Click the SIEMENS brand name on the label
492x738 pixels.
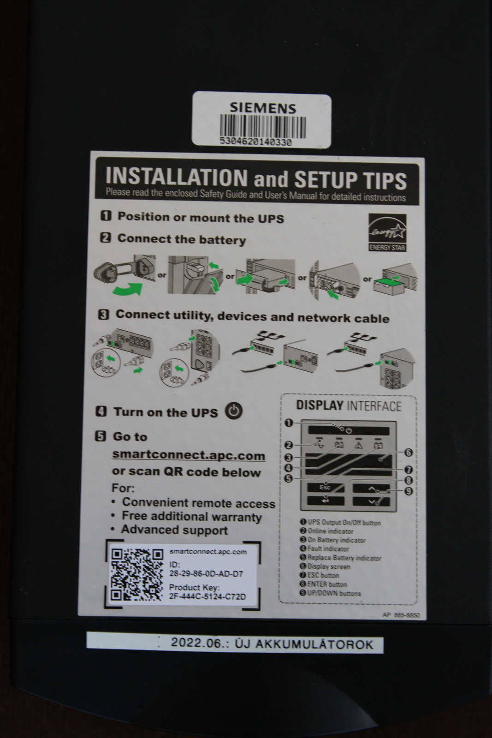(x=263, y=108)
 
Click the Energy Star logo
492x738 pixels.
(x=387, y=233)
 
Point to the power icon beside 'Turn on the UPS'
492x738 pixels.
(x=234, y=411)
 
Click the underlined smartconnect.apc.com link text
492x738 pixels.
(x=189, y=456)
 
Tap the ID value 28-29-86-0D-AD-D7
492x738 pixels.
(x=206, y=574)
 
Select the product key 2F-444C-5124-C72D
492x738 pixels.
(x=207, y=596)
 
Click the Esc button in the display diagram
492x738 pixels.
(x=326, y=487)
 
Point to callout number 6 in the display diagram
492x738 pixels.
(x=408, y=452)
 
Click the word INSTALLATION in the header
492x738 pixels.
(x=176, y=177)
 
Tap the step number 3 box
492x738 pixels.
(x=103, y=315)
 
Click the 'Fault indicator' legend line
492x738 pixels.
(x=324, y=549)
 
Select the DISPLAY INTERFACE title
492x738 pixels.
(x=349, y=405)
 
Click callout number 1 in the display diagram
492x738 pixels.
(x=289, y=423)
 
